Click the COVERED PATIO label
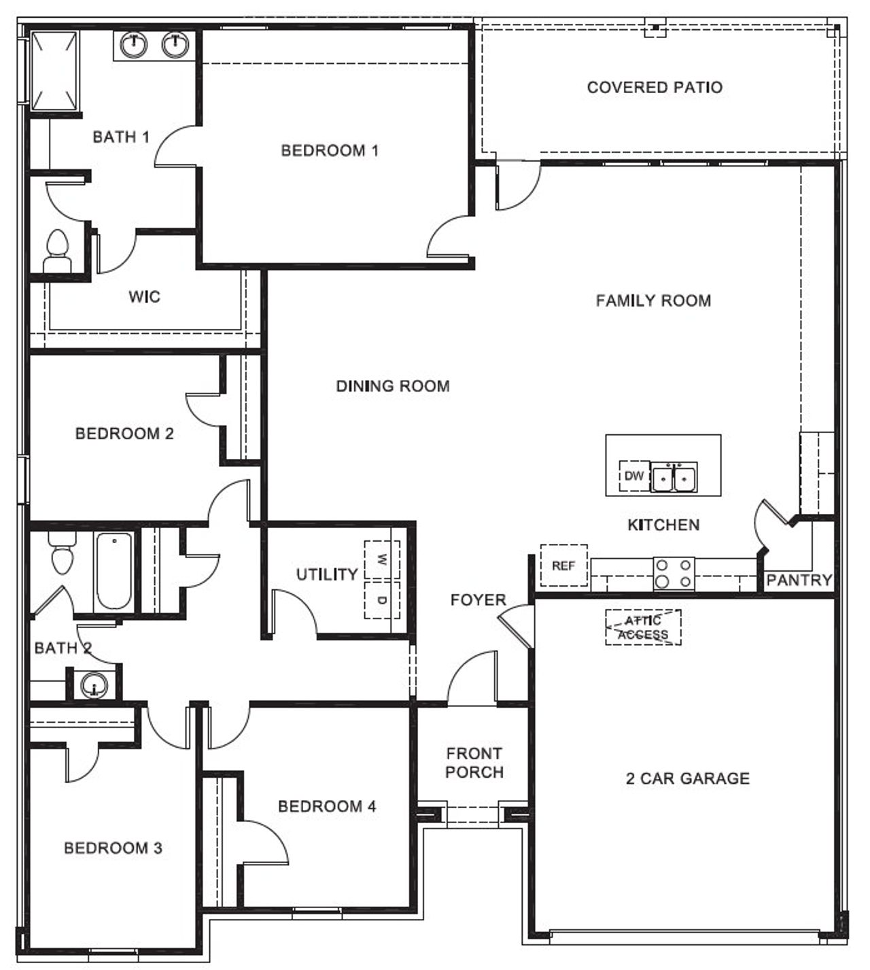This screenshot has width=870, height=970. (655, 87)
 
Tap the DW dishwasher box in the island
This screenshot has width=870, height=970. (633, 476)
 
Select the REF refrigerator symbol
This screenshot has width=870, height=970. (563, 566)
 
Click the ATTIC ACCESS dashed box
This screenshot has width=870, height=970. (643, 627)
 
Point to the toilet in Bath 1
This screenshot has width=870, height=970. (57, 252)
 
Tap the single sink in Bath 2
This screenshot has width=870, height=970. (94, 685)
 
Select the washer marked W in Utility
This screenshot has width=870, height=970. (381, 560)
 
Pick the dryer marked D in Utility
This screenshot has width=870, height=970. (381, 600)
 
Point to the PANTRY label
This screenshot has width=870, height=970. (799, 580)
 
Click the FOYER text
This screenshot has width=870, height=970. (478, 600)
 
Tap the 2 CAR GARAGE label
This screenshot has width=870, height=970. (687, 778)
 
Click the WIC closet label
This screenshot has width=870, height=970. (144, 296)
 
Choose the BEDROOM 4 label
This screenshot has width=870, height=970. (327, 806)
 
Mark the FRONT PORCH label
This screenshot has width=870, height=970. (474, 763)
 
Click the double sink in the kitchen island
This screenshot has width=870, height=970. (674, 477)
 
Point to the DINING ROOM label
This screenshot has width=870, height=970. (393, 386)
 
